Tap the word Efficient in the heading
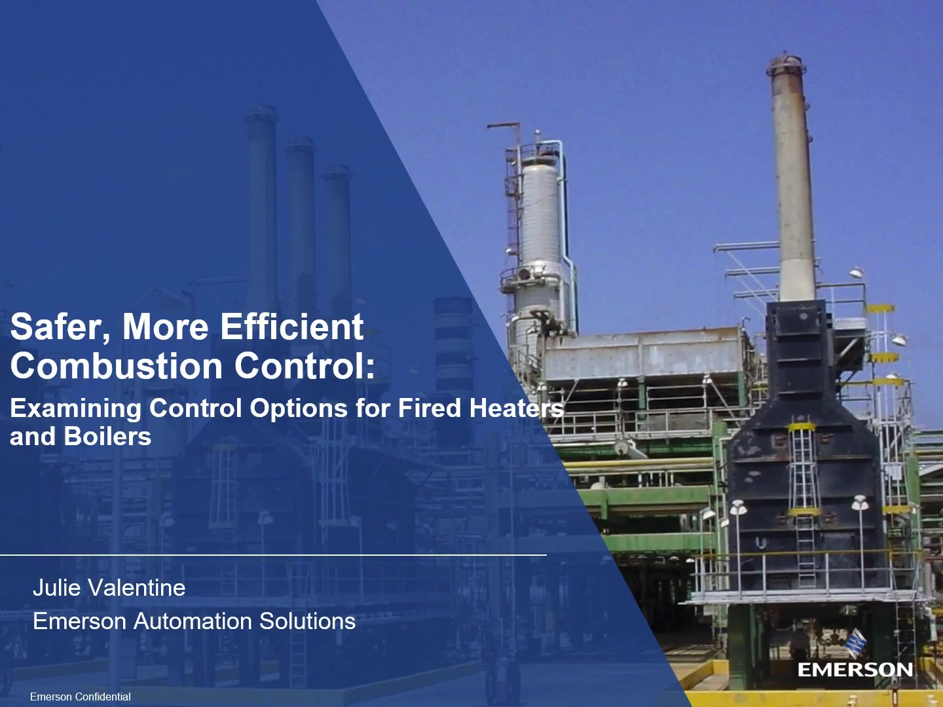(292, 327)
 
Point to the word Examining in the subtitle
(75, 409)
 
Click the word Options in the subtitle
(299, 409)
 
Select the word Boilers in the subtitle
(107, 436)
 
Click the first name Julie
(57, 588)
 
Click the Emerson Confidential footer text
(81, 697)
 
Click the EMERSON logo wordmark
(855, 670)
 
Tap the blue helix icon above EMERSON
(855, 643)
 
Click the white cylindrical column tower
(540, 240)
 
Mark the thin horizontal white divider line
(273, 555)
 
